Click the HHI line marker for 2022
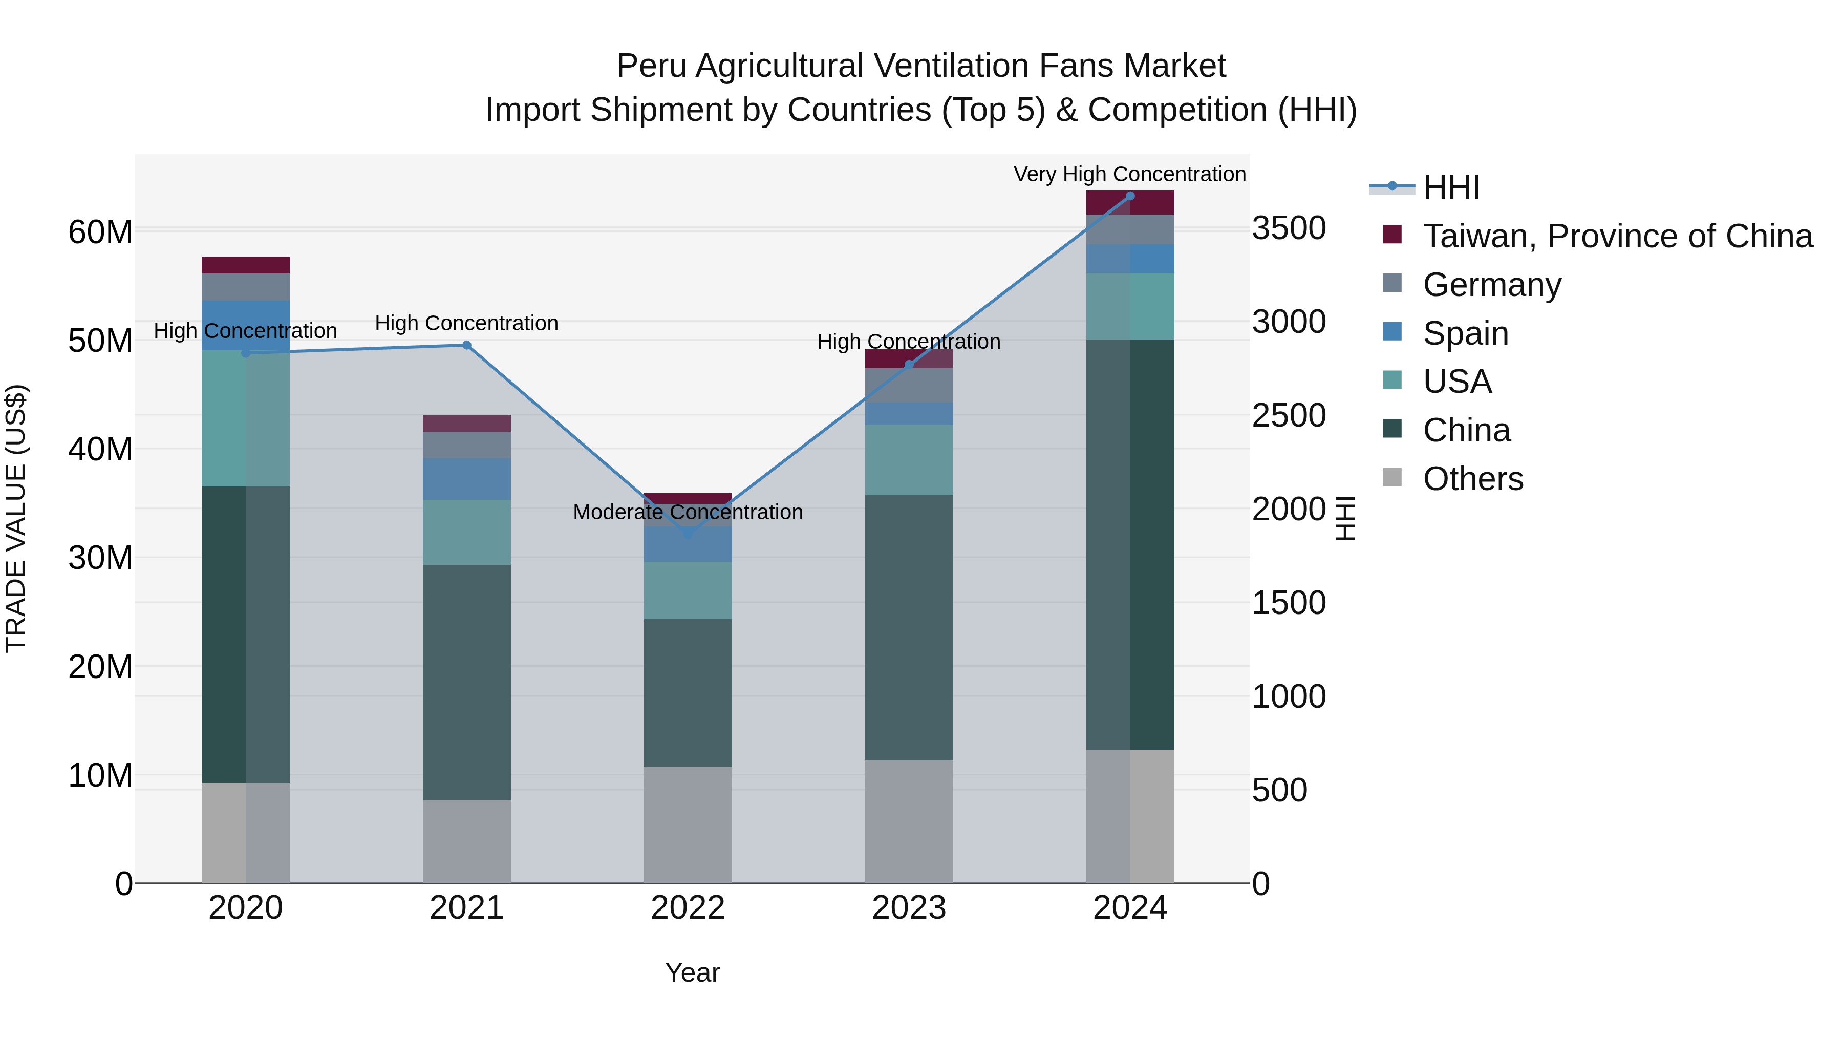click(x=688, y=533)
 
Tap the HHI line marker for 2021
click(x=466, y=345)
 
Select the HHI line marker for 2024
click(x=1130, y=196)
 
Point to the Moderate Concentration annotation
click(x=688, y=512)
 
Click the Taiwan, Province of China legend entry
click(x=1617, y=236)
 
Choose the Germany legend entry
click(x=1492, y=285)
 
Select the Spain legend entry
click(x=1465, y=333)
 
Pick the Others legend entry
click(x=1472, y=479)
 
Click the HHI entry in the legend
click(x=1450, y=187)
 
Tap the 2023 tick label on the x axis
click(x=909, y=908)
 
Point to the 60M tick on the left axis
click(x=100, y=232)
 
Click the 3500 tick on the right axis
click(x=1289, y=228)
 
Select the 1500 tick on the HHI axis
click(x=1289, y=603)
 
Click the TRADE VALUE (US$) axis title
click(x=16, y=518)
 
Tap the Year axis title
click(x=692, y=972)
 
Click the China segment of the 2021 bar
click(x=466, y=682)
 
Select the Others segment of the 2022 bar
click(x=688, y=824)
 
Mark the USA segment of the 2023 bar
click(x=909, y=460)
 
